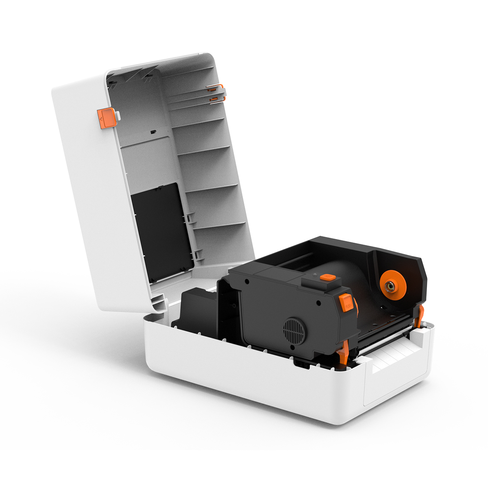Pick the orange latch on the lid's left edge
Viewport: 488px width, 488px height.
(107, 118)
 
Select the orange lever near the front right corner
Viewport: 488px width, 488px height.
(420, 315)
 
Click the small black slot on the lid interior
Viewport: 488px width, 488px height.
(153, 132)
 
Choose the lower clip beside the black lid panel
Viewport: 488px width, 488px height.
(196, 255)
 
